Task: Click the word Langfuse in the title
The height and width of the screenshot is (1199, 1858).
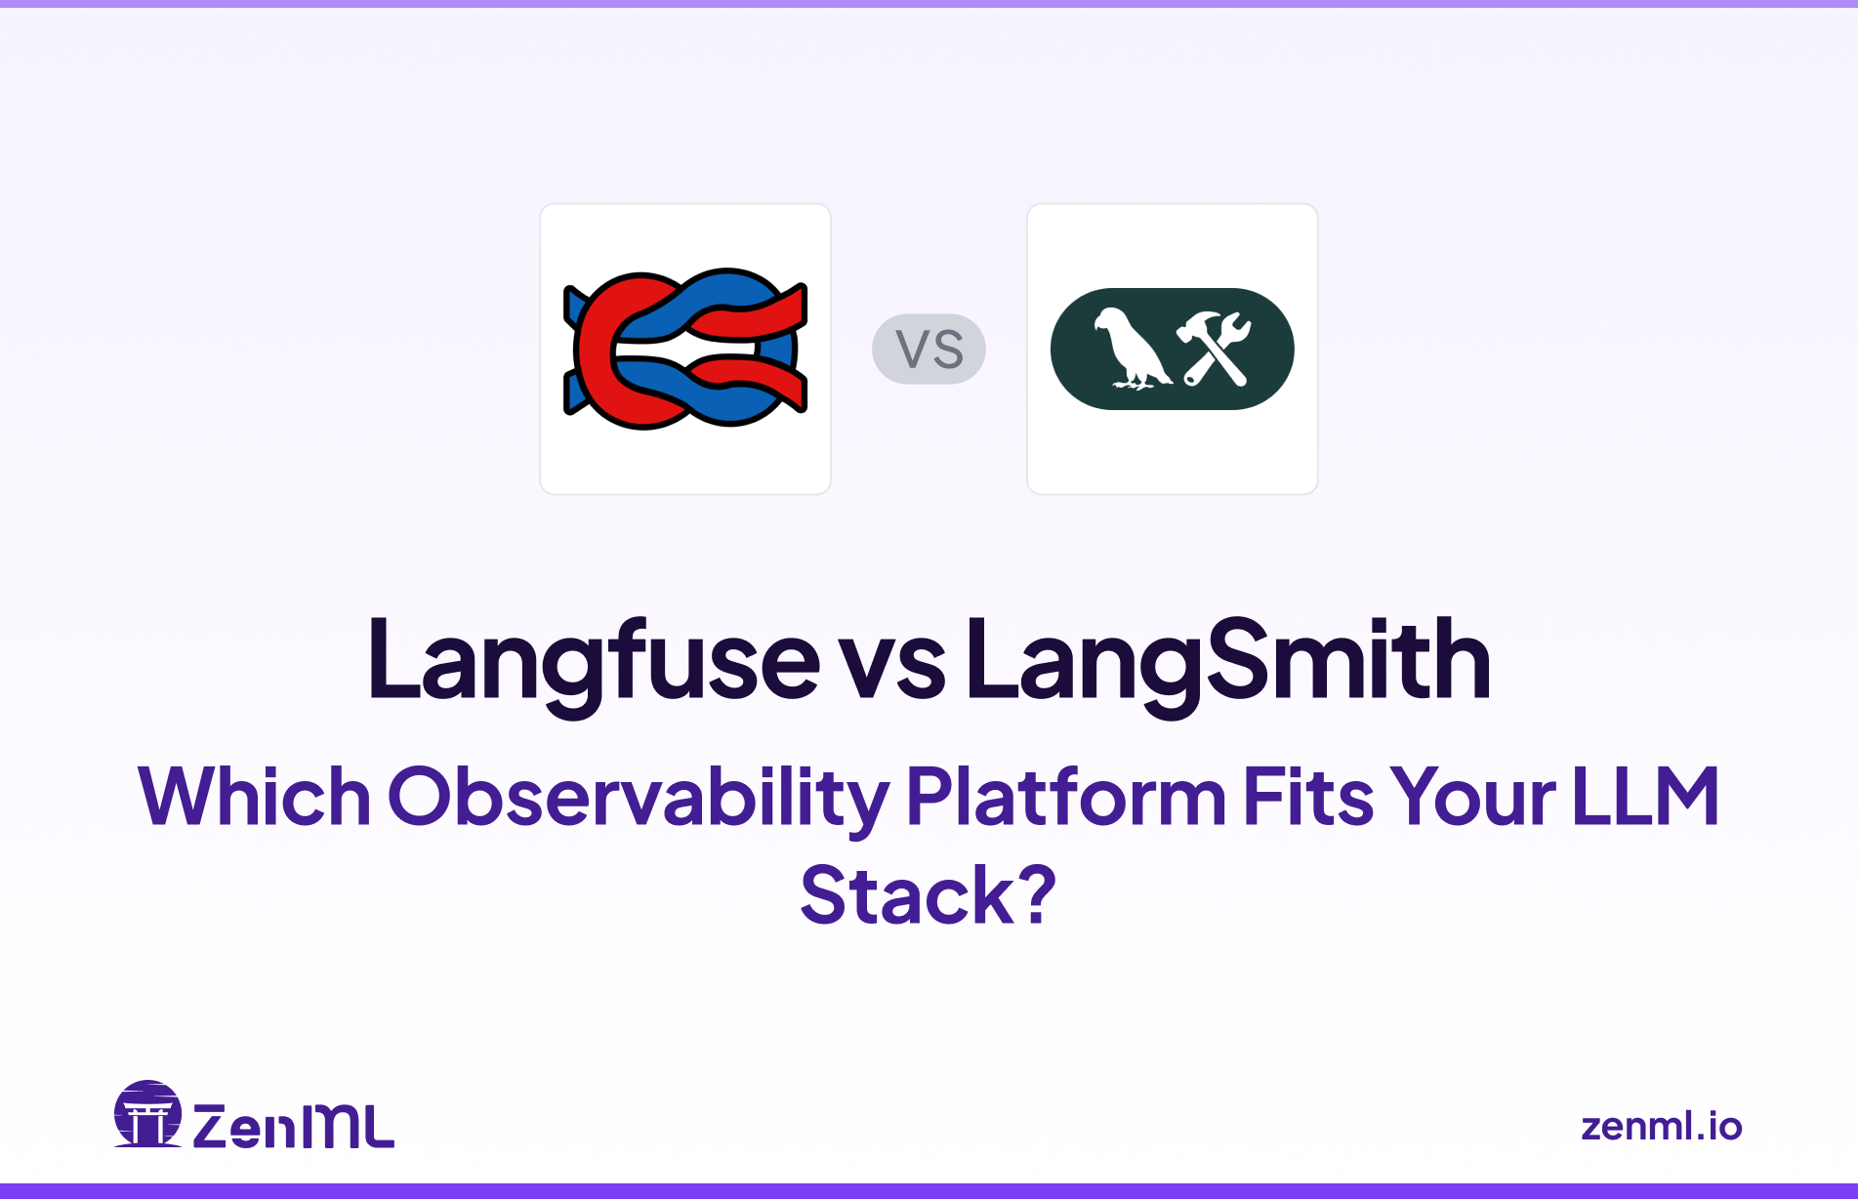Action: point(593,661)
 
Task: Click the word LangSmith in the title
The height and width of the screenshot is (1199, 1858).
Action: point(1227,661)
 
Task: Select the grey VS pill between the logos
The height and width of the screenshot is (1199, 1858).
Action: point(929,349)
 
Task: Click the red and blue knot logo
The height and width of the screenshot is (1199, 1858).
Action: point(685,349)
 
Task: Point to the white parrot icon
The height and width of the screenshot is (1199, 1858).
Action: point(1130,349)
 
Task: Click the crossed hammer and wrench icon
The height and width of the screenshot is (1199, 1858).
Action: point(1214,349)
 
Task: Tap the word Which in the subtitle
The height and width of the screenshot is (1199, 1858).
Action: point(254,797)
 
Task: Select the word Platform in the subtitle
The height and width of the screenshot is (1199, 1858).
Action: point(1065,797)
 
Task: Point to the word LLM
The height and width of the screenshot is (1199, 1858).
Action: point(1646,797)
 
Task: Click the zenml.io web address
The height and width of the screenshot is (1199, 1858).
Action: point(1661,1126)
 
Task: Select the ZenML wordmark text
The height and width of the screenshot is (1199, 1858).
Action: point(293,1126)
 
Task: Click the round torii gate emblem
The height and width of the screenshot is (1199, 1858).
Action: point(147,1114)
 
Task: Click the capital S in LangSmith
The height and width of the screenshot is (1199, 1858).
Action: point(1240,661)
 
